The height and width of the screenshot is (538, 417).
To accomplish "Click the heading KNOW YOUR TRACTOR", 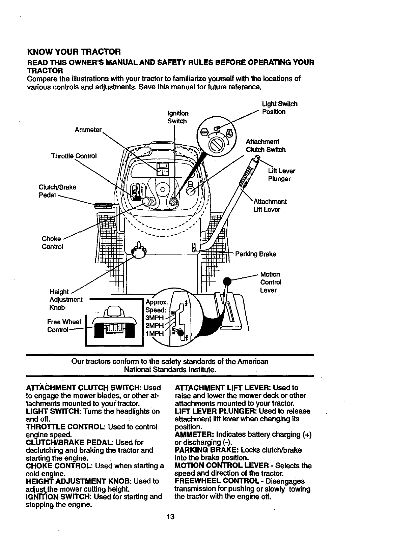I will [74, 52].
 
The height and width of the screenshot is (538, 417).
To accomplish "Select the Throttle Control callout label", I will [74, 156].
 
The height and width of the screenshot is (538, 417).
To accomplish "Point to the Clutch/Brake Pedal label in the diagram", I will [57, 191].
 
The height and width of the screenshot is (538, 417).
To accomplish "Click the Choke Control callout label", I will [52, 243].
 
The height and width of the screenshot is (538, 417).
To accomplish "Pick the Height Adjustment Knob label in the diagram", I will [65, 300].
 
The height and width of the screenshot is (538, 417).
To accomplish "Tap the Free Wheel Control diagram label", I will [62, 325].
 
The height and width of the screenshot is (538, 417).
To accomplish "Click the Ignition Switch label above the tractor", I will [177, 117].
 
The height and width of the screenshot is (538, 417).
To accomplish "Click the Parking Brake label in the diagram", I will [255, 254].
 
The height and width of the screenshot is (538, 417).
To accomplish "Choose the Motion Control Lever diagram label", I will [270, 282].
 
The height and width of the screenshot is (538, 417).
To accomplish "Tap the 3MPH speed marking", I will [154, 318].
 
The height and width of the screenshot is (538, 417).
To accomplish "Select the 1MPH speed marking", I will [154, 334].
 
